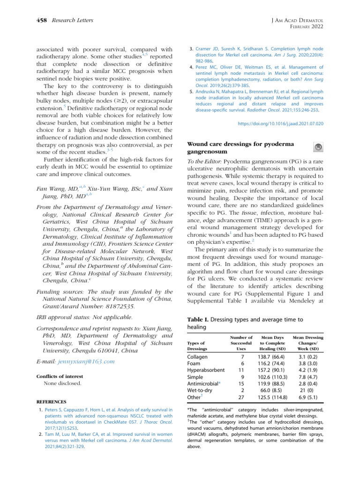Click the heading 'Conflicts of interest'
[60, 376]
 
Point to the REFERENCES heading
[52, 402]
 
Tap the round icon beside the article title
[318, 147]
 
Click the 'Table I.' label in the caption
[198, 319]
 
